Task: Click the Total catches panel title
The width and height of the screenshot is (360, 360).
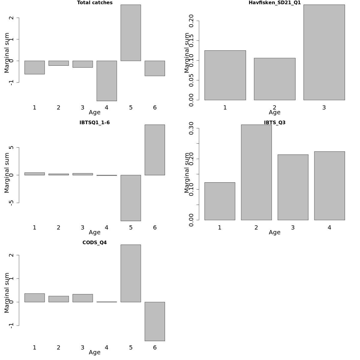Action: pos(94,3)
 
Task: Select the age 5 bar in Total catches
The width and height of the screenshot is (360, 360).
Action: pos(130,33)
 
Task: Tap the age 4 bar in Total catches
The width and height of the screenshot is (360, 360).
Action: pos(106,81)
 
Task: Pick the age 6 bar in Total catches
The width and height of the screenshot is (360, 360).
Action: pos(154,68)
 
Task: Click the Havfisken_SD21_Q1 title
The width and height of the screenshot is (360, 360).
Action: pos(274,3)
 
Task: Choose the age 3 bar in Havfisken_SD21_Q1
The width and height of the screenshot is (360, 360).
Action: pos(324,52)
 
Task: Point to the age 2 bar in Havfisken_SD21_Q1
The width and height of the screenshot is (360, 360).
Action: pos(274,79)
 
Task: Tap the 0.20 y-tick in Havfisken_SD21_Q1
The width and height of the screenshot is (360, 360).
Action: pos(191,21)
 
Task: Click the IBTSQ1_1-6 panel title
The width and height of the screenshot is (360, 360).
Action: pos(94,123)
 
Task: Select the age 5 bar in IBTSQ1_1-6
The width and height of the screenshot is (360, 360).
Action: pos(130,198)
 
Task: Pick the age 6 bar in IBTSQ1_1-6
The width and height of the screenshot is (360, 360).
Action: pos(154,150)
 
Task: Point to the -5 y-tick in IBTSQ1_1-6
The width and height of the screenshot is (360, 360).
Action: pos(11,203)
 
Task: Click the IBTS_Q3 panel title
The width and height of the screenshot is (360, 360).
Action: pos(274,123)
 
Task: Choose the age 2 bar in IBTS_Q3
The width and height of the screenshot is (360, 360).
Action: pos(256,172)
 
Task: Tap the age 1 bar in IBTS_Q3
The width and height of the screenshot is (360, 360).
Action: pos(220,201)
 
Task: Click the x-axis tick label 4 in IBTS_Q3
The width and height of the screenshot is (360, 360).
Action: pos(329,228)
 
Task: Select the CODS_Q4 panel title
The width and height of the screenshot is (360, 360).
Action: pos(94,243)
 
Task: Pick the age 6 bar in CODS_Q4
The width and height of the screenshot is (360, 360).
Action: pos(154,321)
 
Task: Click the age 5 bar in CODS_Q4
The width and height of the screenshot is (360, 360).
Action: pos(130,273)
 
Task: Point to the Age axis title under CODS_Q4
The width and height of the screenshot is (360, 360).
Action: pos(94,352)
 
